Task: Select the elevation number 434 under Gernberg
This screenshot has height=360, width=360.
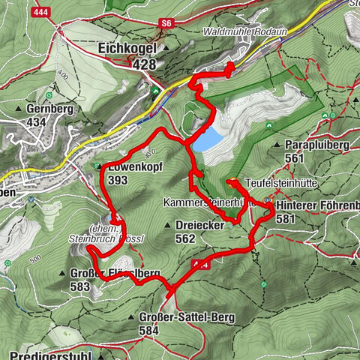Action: [x=37, y=121]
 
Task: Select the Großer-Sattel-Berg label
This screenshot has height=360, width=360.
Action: [x=187, y=317]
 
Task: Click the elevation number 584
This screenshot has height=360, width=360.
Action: [x=150, y=329]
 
